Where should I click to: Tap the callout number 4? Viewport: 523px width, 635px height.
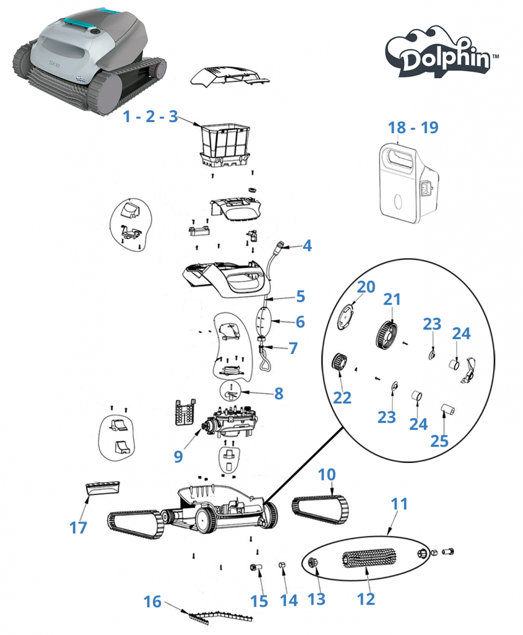(307, 246)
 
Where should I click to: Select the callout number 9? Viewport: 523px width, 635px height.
(178, 456)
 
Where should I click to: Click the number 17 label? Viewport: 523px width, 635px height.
(78, 528)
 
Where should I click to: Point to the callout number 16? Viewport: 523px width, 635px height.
(153, 602)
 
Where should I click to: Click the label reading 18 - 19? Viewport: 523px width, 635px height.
(414, 128)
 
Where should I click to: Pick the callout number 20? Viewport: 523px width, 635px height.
(366, 287)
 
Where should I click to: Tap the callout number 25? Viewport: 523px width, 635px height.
(440, 441)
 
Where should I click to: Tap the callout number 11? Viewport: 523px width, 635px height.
(399, 504)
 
